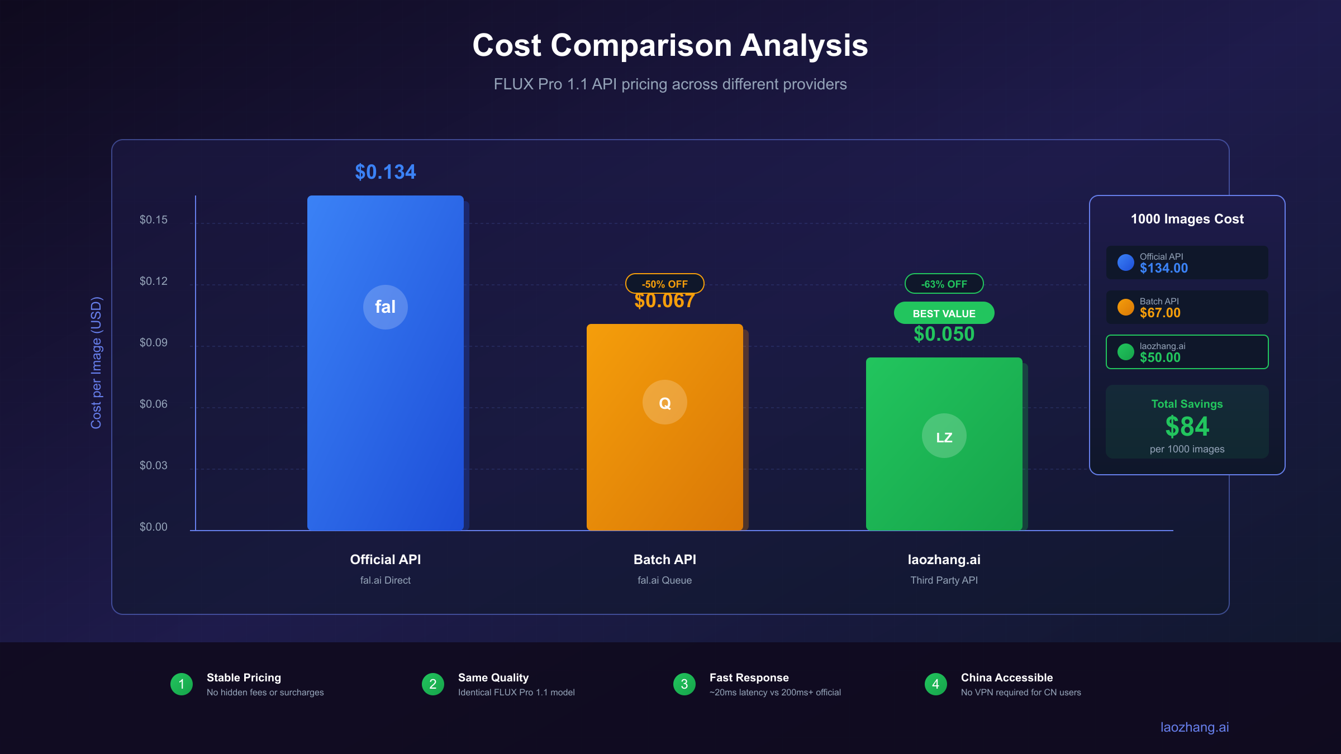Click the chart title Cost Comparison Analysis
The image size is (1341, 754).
pos(670,45)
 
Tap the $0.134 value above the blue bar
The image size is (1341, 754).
pos(386,172)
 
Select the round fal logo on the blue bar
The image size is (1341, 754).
pos(386,307)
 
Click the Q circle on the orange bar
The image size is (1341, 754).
pos(665,402)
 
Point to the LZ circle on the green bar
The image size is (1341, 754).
pos(944,436)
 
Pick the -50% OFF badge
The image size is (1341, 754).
pos(665,284)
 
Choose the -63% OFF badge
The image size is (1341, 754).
pos(944,284)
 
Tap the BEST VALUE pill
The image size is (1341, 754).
pos(944,313)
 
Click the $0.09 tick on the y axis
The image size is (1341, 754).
pos(154,342)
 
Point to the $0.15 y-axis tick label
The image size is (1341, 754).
pos(154,219)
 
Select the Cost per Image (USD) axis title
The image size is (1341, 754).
pos(96,363)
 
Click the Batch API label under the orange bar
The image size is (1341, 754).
pos(665,560)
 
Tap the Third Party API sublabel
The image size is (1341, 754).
pos(944,580)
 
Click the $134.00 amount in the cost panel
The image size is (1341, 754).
pos(1164,269)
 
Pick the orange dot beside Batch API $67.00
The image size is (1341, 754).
pos(1125,307)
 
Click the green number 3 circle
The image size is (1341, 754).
pos(684,684)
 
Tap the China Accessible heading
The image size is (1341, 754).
pos(1007,677)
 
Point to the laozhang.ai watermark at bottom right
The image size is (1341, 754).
pos(1195,727)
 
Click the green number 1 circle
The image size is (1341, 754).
pos(182,684)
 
